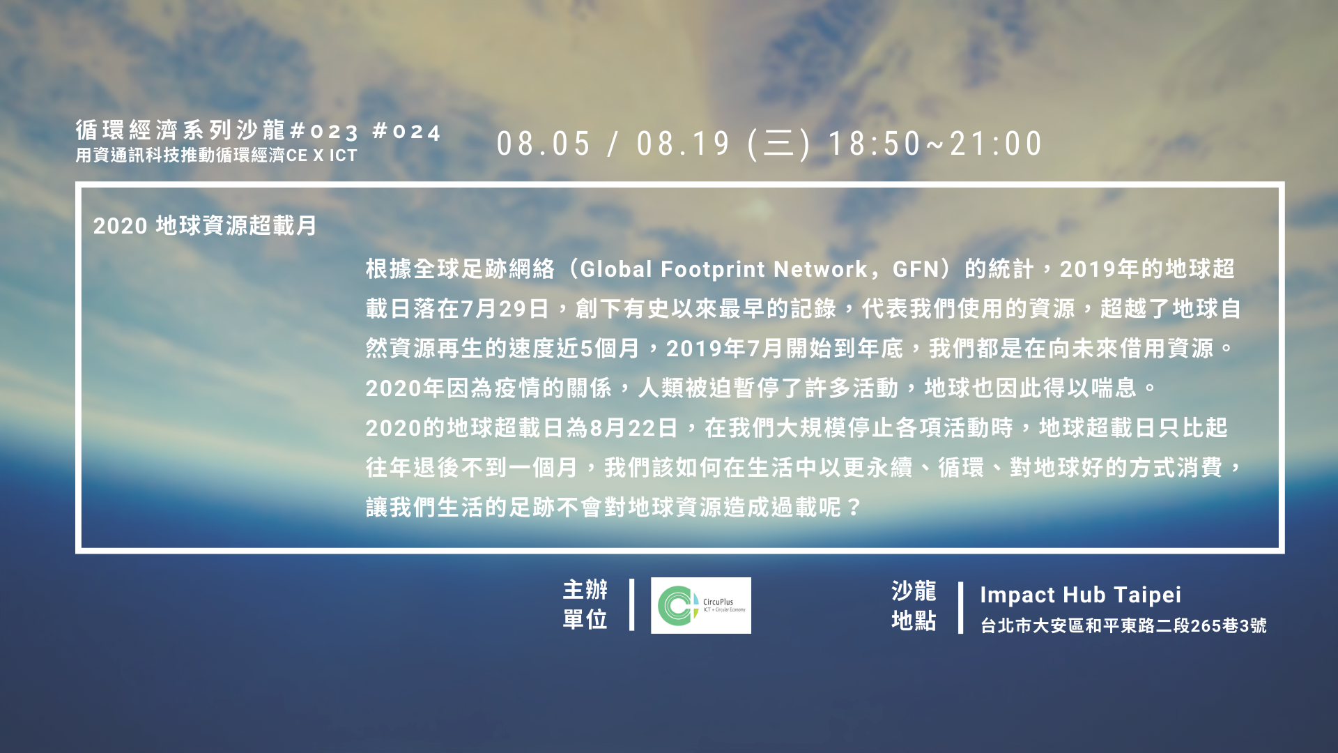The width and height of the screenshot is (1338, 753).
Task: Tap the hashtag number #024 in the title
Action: tap(407, 131)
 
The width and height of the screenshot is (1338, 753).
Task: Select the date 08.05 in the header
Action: tap(544, 144)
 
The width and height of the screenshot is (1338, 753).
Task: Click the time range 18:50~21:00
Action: tap(935, 144)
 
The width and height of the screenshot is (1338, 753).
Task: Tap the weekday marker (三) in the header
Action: tap(779, 144)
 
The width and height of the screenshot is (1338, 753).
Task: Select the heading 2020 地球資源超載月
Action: tap(205, 226)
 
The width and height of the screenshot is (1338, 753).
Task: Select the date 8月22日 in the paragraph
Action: tap(634, 428)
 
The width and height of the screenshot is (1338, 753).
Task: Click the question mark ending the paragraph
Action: tap(854, 508)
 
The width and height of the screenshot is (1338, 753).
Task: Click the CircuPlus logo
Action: tap(701, 605)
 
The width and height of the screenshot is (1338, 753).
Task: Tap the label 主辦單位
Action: tap(585, 604)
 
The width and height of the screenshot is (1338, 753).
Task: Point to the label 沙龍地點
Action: tap(914, 605)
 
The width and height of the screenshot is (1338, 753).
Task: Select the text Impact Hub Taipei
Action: tap(1080, 595)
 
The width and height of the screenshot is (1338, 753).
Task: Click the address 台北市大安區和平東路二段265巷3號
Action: tap(1123, 625)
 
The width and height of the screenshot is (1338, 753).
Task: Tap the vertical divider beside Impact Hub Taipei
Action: tap(960, 608)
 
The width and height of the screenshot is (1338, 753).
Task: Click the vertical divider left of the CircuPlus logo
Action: tap(631, 604)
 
